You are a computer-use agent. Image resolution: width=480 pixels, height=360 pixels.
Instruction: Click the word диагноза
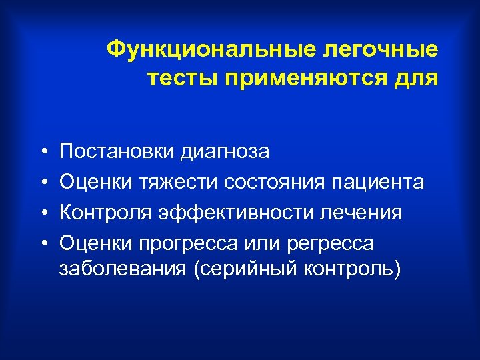click(224, 152)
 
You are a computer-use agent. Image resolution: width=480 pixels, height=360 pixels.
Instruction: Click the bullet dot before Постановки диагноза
click(42, 153)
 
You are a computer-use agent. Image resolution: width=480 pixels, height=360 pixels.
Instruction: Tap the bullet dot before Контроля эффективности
click(42, 214)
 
